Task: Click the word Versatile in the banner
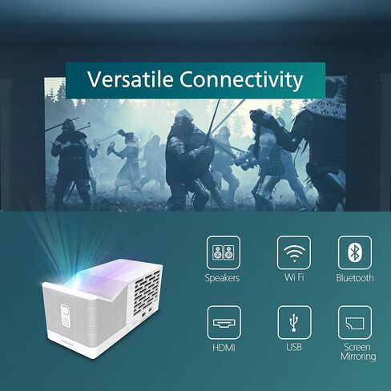pos(130,79)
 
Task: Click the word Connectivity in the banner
pos(241,79)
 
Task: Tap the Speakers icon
pos(224,252)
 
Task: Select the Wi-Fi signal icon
pos(294,252)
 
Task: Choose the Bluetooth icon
pos(355,252)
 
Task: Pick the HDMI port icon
pos(224,323)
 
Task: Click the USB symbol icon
pos(294,323)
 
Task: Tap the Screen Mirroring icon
pos(355,323)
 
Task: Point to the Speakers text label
pos(222,278)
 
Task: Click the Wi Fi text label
pos(294,277)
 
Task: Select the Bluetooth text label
pos(355,278)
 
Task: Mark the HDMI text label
pos(224,348)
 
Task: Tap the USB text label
pos(294,347)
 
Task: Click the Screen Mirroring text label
pos(358,352)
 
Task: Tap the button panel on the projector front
pos(66,315)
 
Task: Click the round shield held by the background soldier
pos(111,148)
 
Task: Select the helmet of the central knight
pos(184,119)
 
